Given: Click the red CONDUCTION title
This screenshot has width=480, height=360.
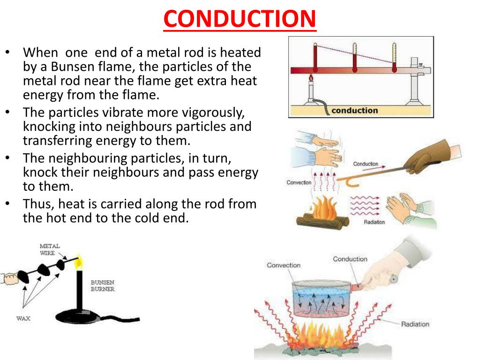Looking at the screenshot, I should [240, 18].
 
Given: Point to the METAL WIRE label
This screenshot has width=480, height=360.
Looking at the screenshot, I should [49, 249].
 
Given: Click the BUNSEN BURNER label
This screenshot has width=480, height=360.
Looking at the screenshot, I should [102, 286].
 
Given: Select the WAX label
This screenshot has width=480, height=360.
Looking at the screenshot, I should [23, 318].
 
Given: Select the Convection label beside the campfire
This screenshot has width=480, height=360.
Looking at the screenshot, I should [299, 182].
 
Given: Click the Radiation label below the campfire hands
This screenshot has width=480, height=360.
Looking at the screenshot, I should [374, 222].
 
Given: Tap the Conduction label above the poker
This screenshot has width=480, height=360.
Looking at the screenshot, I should [365, 164].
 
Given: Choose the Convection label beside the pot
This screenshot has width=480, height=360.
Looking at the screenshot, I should [283, 265].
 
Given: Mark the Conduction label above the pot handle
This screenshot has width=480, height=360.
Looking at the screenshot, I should [350, 259].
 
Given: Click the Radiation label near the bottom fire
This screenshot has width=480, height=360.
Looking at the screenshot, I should [415, 324].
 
